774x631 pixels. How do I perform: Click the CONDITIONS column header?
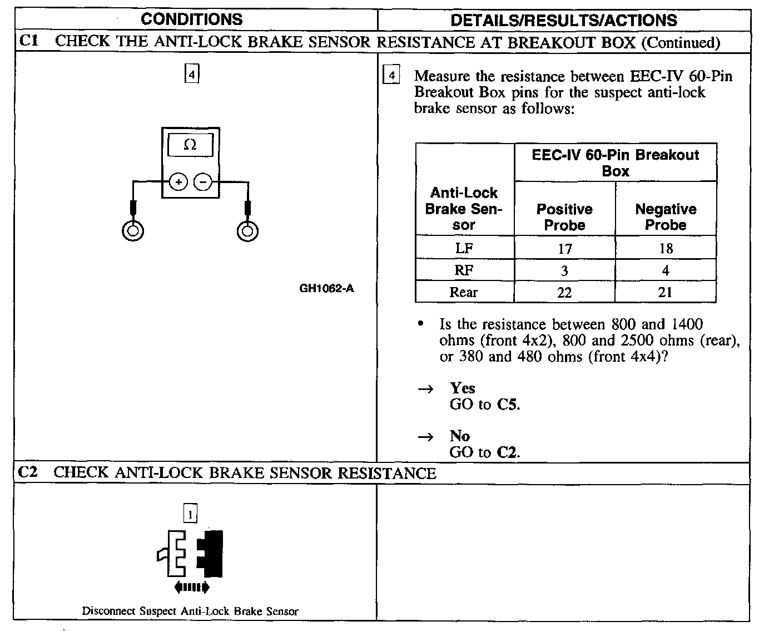coord(192,20)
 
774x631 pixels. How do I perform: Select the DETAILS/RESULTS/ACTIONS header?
coord(563,21)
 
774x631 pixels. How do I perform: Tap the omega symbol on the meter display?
coord(190,145)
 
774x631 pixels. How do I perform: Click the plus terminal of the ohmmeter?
coord(178,181)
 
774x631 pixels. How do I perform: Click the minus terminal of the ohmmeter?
coord(203,181)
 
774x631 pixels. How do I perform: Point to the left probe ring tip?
coord(133,230)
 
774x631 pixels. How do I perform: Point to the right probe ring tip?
coord(247,230)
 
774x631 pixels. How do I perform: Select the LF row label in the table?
coord(464,248)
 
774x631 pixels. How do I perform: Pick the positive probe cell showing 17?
coord(564,249)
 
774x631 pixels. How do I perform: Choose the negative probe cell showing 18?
coord(666,249)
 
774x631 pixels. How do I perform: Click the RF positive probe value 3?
coord(564,271)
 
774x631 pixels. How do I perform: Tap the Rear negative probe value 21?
coord(666,293)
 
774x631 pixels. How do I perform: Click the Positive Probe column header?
coord(564,217)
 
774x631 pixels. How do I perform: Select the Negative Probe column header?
coord(666,217)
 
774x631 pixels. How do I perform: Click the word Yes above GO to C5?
coord(463,388)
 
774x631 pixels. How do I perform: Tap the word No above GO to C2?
coord(459,436)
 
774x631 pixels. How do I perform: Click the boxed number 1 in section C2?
coord(190,514)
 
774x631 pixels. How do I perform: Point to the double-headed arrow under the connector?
coord(192,587)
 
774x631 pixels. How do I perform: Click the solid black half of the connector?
coord(212,553)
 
